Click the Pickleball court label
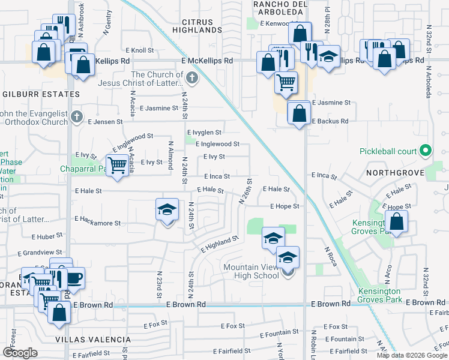[x=387, y=150]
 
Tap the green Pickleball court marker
[x=426, y=150]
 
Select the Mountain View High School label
[x=251, y=271]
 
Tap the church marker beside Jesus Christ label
[x=191, y=77]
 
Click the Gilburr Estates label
[x=41, y=94]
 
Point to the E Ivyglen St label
[x=205, y=133]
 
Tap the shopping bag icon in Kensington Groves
[x=397, y=223]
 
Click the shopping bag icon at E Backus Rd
[x=298, y=113]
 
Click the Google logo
[x=20, y=353]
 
